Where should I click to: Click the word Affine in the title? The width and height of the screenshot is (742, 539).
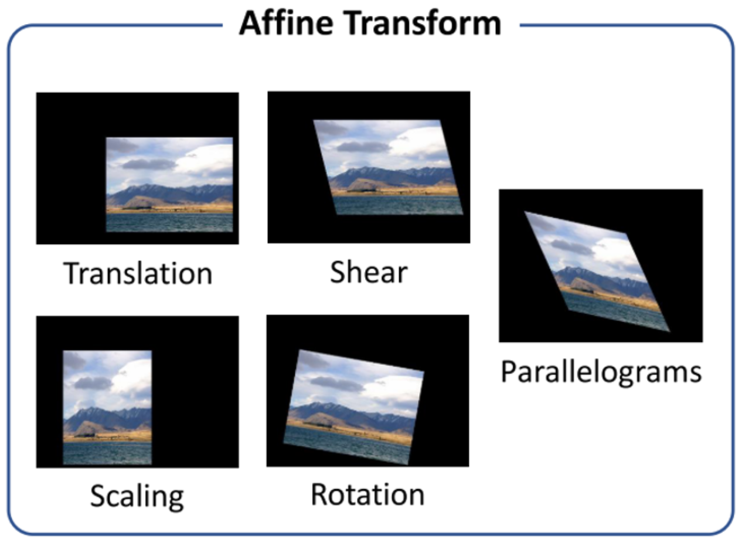286,23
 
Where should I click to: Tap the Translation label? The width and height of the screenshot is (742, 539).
138,273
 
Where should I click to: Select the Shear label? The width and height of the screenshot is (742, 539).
369,272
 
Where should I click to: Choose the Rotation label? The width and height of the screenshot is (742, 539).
367,494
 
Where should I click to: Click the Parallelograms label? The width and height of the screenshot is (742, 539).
601,372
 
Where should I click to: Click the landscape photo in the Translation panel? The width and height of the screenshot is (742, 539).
169,185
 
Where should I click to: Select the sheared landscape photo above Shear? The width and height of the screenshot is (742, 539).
388,167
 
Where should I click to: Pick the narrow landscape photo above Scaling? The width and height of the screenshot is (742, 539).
107,408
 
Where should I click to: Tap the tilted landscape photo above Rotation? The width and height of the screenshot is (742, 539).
354,407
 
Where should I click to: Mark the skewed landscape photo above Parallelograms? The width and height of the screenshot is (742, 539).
597,272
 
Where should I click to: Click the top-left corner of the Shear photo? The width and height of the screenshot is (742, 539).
314,120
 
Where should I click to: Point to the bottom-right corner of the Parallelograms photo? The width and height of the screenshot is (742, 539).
670,331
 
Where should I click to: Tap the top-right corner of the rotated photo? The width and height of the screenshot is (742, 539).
424,371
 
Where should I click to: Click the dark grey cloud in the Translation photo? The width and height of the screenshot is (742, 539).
149,164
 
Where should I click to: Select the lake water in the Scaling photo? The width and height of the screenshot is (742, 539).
107,453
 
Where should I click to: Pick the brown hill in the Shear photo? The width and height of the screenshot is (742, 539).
363,185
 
